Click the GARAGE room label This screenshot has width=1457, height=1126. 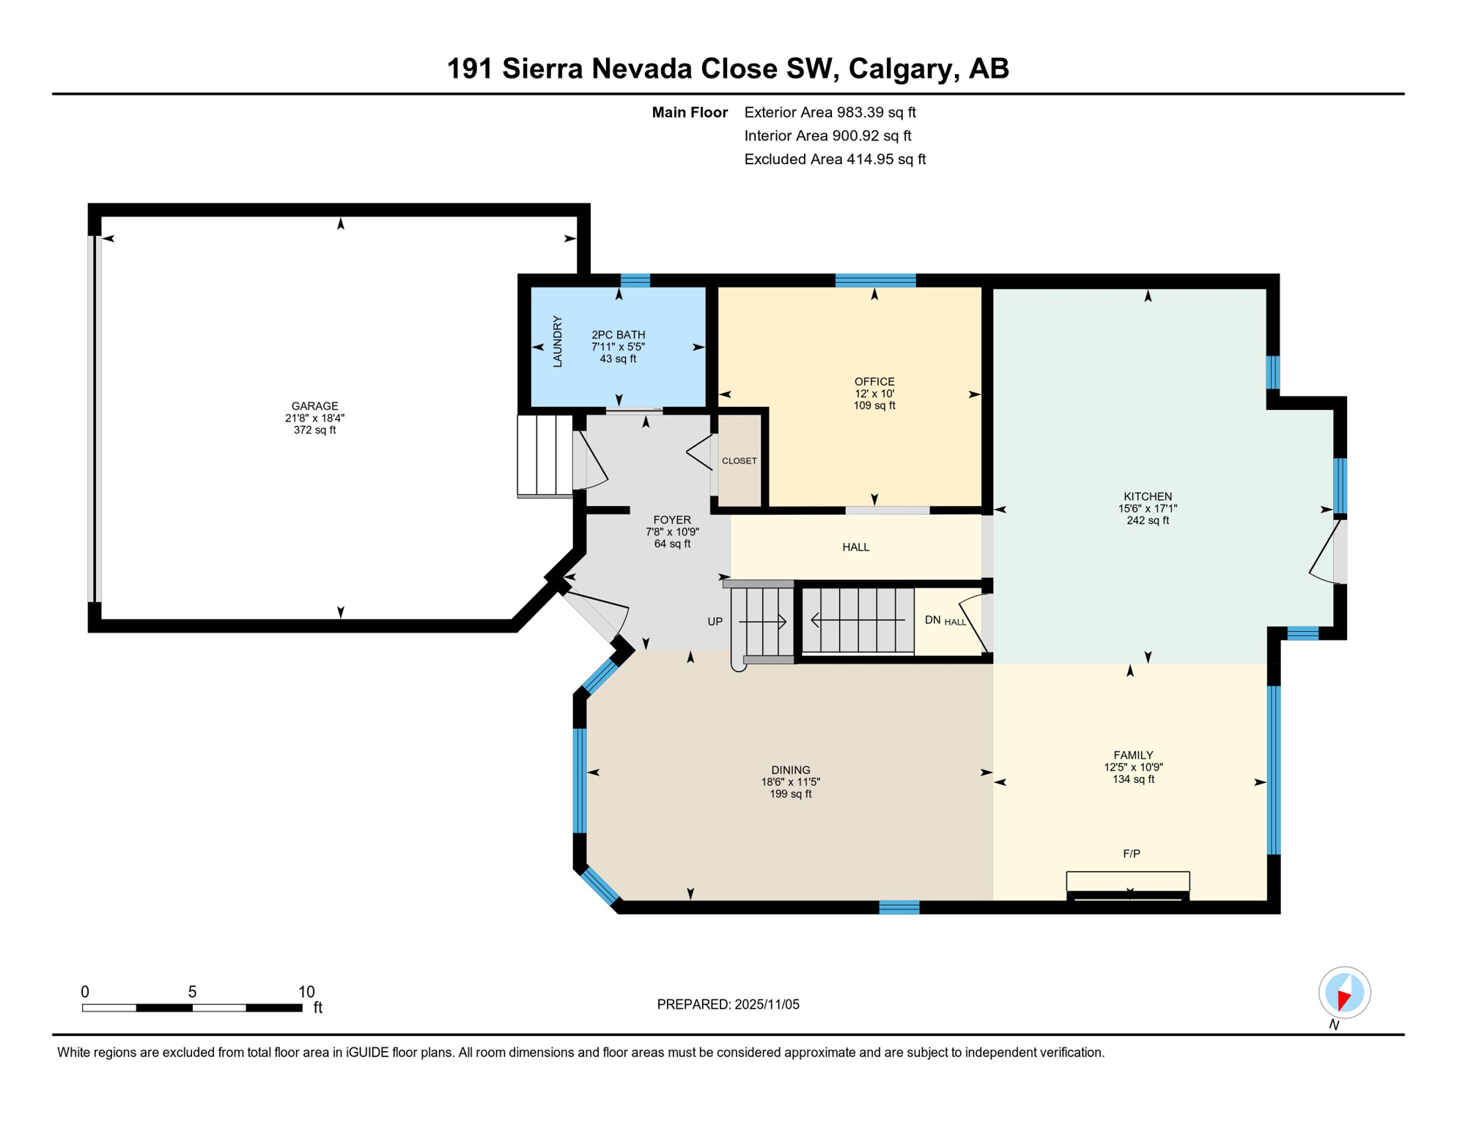pyautogui.click(x=314, y=405)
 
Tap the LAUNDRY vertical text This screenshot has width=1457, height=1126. pyautogui.click(x=557, y=342)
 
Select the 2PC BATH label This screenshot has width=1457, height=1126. pyautogui.click(x=618, y=334)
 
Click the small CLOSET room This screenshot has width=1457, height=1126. pyautogui.click(x=739, y=461)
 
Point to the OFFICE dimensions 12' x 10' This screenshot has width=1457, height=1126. pyautogui.click(x=874, y=394)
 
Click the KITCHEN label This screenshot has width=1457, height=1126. pyautogui.click(x=1147, y=496)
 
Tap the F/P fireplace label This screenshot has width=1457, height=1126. pyautogui.click(x=1131, y=853)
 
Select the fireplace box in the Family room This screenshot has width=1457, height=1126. pyautogui.click(x=1127, y=882)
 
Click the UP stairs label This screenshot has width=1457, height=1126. pyautogui.click(x=715, y=622)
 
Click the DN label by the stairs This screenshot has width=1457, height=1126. pyautogui.click(x=932, y=620)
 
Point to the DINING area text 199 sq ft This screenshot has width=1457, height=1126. pyautogui.click(x=790, y=794)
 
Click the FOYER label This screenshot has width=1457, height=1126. pyautogui.click(x=671, y=520)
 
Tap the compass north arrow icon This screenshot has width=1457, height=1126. pyautogui.click(x=1343, y=993)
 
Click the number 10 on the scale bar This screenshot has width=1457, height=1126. pyautogui.click(x=306, y=992)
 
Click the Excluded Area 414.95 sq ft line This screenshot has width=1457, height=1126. pyautogui.click(x=834, y=159)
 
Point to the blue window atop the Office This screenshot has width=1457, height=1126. pyautogui.click(x=875, y=280)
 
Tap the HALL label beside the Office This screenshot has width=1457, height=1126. pyautogui.click(x=855, y=547)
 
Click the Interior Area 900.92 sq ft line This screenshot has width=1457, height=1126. pyautogui.click(x=827, y=136)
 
